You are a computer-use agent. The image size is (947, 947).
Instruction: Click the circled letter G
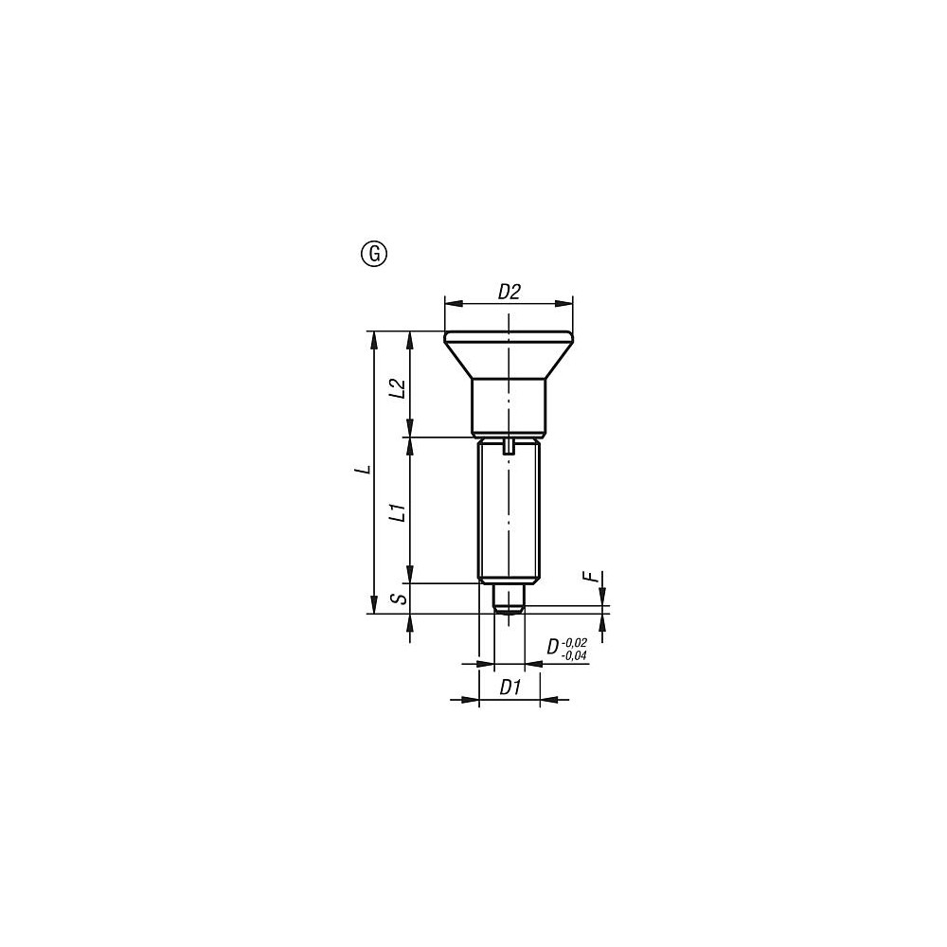[x=374, y=254]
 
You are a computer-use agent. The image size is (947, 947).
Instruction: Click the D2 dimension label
[x=509, y=293]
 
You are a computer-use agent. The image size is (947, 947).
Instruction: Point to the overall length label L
[x=363, y=470]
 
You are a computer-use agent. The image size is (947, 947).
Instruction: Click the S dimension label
[x=399, y=599]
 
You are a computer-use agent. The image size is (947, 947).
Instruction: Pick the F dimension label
[x=595, y=576]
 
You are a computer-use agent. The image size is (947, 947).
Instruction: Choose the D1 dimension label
[x=510, y=687]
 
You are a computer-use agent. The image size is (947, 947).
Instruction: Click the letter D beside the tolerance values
[x=553, y=648]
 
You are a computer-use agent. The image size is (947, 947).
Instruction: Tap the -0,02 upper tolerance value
[x=574, y=643]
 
